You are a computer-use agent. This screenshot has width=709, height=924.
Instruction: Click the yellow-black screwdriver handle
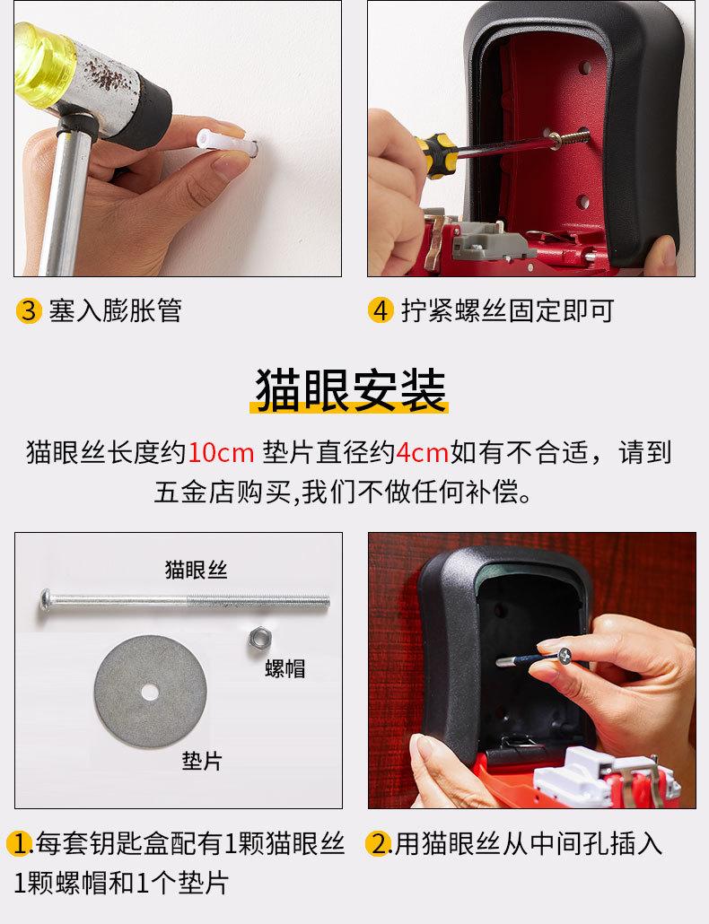pos(435,155)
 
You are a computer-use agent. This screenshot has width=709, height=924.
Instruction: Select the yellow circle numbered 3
pos(29,310)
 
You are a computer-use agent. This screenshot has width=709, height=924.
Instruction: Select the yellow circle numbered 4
pos(381,310)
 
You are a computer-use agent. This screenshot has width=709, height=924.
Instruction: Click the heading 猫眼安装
pos(350,390)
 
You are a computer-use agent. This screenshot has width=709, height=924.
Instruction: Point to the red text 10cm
pos(221,453)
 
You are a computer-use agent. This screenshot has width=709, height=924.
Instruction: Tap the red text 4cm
pos(422,453)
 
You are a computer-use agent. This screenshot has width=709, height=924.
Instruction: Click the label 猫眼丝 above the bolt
pos(196,570)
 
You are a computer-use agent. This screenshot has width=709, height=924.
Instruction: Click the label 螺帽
pos(285,668)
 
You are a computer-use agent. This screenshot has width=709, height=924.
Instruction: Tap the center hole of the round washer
pos(150,692)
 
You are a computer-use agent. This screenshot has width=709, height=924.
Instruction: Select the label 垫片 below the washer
pos(202,761)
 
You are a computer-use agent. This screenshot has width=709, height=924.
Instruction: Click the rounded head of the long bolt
pos(46,600)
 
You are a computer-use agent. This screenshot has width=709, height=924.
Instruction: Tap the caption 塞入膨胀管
pos(115,310)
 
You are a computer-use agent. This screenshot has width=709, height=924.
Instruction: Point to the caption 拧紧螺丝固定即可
pos(507,310)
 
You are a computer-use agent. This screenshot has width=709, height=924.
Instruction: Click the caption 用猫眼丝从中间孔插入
pos(528,843)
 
